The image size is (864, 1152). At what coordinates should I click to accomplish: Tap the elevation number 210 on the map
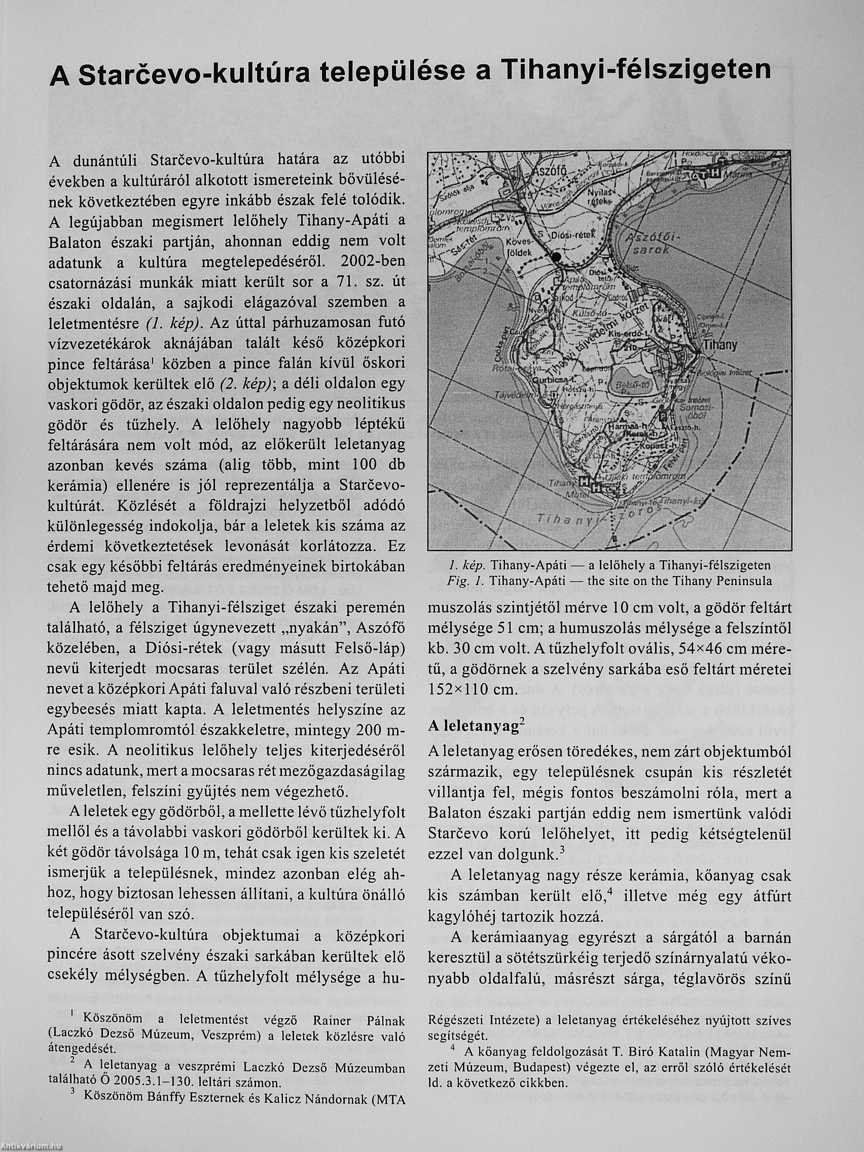pyautogui.click(x=626, y=346)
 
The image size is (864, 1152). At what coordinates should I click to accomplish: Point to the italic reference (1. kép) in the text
pyautogui.click(x=169, y=323)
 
